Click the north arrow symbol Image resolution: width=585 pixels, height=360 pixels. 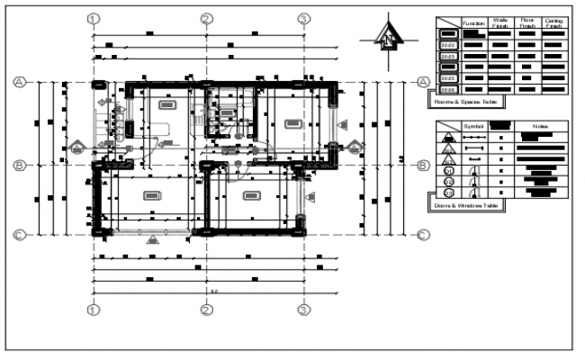tap(386, 37)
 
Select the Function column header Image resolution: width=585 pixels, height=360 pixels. tap(474, 23)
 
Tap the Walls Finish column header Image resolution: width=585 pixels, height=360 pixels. tap(501, 23)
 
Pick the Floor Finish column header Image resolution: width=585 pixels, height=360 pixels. tap(527, 23)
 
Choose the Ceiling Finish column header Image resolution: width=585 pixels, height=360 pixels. tap(554, 23)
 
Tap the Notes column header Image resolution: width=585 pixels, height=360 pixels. tap(541, 127)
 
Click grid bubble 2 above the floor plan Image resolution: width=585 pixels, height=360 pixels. tap(206, 18)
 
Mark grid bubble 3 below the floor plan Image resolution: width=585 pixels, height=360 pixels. tap(304, 310)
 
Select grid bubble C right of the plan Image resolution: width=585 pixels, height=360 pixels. tap(422, 236)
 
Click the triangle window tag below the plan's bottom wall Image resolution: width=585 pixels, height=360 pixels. tap(152, 238)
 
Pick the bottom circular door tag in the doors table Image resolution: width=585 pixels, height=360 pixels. tap(447, 193)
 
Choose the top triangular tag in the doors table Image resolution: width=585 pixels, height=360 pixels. tap(447, 138)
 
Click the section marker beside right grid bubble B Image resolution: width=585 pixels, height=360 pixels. tap(356, 147)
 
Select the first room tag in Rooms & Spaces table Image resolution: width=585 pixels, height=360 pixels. tap(447, 33)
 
